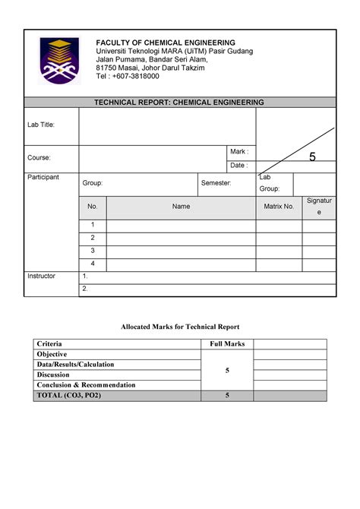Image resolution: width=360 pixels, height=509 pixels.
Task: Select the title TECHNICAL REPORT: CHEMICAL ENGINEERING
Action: coord(179,101)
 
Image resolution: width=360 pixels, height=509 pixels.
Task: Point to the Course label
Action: coord(39,158)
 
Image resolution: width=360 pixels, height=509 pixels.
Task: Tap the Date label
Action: coord(238,166)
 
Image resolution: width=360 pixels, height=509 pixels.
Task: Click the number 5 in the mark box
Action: coord(311,157)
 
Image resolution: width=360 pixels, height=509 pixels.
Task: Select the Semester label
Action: coord(216,184)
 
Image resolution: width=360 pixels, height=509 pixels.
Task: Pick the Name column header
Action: coord(181,207)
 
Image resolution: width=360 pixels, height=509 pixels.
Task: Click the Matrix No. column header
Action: coord(279,207)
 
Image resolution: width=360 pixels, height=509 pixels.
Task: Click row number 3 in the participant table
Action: coord(93,250)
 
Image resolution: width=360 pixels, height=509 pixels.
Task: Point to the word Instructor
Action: coord(41,276)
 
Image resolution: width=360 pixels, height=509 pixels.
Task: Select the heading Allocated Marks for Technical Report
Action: coord(180,326)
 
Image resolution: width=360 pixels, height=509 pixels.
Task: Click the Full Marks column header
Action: coord(227,344)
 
